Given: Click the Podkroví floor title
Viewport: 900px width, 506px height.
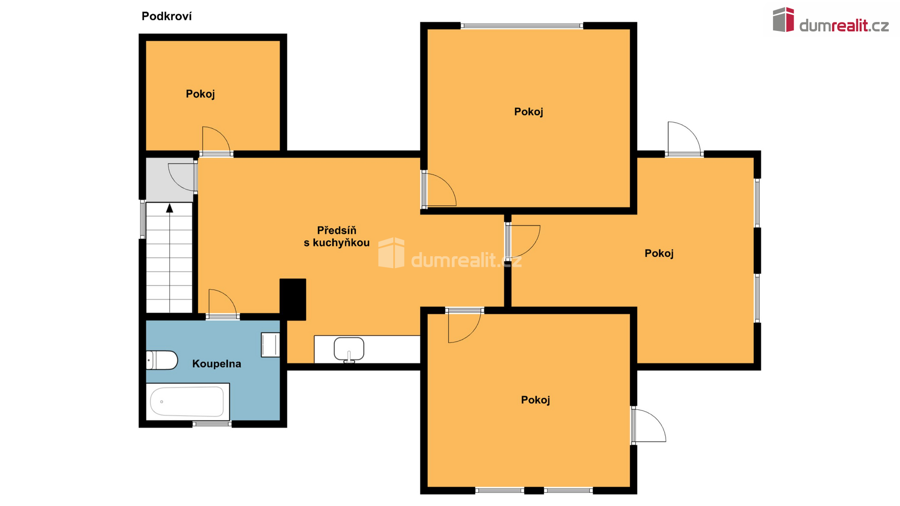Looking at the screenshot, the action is tap(166, 16).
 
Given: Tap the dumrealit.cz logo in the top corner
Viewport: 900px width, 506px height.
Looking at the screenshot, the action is tap(831, 21).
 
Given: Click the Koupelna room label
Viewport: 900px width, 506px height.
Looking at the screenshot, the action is tap(217, 364).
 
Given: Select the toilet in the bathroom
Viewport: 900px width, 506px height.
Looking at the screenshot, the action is tap(162, 360).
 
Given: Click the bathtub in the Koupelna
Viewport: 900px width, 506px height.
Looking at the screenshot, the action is tap(187, 402).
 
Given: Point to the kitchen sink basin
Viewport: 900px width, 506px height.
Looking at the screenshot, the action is tap(349, 349).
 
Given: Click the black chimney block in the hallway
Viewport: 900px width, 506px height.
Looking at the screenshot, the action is tap(293, 299).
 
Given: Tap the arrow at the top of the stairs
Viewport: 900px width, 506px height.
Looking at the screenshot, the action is tap(170, 208).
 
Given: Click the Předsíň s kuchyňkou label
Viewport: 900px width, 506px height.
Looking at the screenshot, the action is tap(337, 237).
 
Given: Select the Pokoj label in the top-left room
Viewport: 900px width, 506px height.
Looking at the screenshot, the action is tap(200, 94).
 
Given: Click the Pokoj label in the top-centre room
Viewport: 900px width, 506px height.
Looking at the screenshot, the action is tap(528, 112).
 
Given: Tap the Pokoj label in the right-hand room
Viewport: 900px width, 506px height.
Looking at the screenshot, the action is tap(659, 253).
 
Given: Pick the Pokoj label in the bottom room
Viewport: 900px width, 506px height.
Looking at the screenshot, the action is tap(535, 400).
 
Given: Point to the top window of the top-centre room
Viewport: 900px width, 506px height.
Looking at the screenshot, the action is tap(522, 26).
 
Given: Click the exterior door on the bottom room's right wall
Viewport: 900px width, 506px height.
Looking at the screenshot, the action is tap(648, 425).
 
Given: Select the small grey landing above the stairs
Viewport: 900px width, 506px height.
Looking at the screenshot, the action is tap(170, 179).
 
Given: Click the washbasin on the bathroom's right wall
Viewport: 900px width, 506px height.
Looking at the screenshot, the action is tap(270, 345).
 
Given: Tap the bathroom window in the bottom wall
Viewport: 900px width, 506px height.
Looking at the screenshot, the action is tap(212, 424).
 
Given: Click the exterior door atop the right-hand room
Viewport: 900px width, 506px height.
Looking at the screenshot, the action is tap(684, 139).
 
